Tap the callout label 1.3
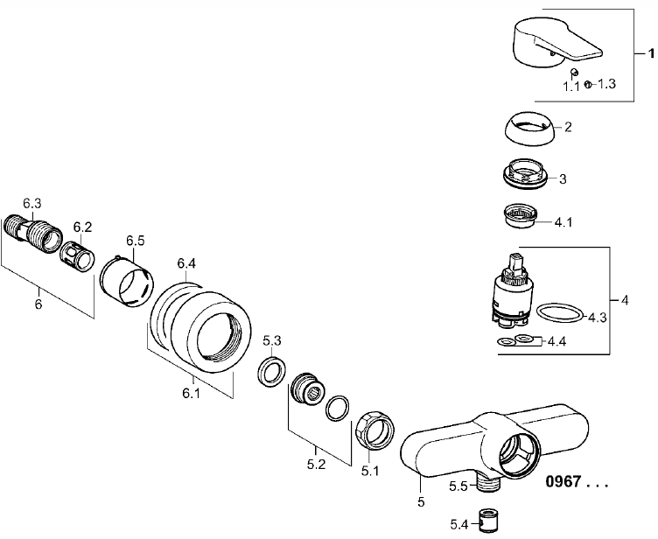606,84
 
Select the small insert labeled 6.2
78,254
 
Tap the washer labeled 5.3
271,371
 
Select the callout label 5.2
317,465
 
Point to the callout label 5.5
458,486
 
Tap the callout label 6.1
192,394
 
